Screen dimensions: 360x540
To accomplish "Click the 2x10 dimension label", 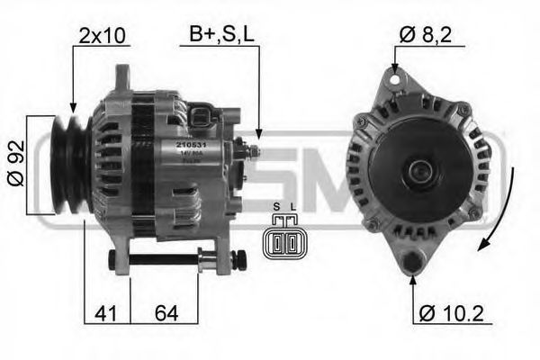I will pyautogui.click(x=103, y=36).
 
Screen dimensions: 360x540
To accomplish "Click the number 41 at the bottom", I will pyautogui.click(x=106, y=314).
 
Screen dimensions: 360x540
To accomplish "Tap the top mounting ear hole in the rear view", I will pyautogui.click(x=393, y=82).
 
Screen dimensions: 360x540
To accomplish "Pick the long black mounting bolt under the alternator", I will pyautogui.click(x=171, y=262).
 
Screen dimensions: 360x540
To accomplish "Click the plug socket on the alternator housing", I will pyautogui.click(x=204, y=116).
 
